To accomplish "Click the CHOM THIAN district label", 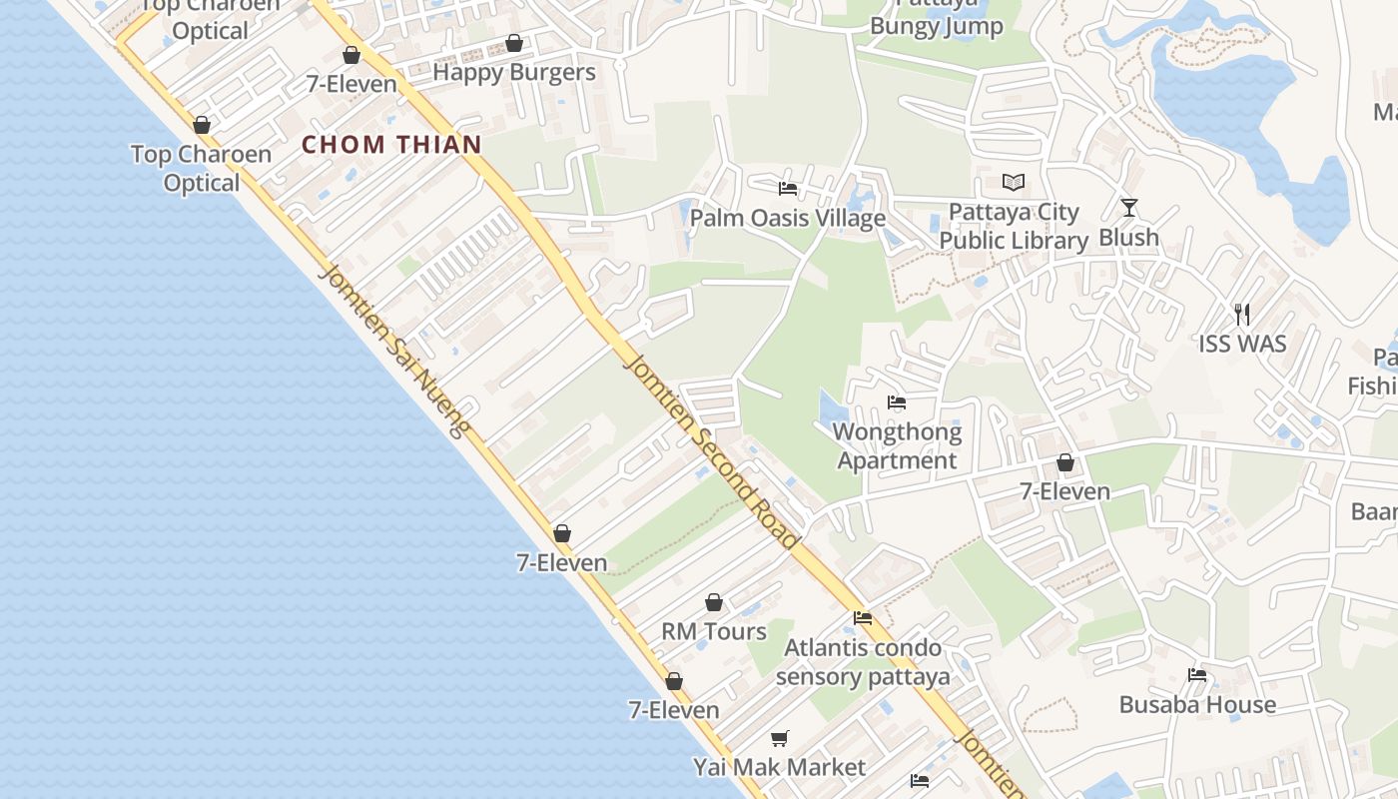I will [391, 145].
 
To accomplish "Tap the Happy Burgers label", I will [514, 72].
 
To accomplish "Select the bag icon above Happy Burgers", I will [514, 43].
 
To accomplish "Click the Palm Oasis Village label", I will [788, 218].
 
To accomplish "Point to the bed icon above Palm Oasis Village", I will [788, 188].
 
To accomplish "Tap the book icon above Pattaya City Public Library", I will [1014, 183].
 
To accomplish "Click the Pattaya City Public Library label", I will [1014, 227].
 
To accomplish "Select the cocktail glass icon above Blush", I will [1129, 208].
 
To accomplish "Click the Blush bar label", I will [1129, 238].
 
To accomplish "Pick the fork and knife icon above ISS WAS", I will [1242, 315].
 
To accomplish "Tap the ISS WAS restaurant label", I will [1242, 345].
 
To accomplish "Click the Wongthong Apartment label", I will [897, 446].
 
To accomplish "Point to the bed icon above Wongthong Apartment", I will [897, 403].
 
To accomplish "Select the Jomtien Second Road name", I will [711, 448].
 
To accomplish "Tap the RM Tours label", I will [714, 631].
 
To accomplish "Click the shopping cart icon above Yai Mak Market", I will [780, 738].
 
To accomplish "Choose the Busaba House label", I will [1197, 705].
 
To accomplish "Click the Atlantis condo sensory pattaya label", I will [863, 662].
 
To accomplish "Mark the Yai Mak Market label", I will [780, 768].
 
